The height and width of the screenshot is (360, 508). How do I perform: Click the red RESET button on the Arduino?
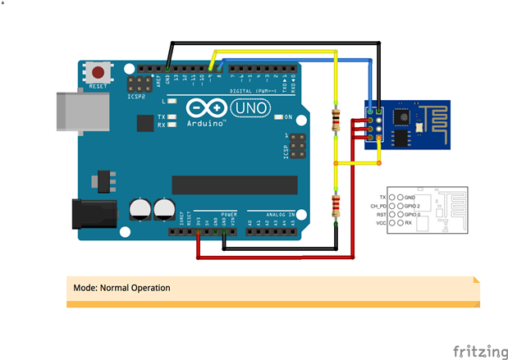pyautogui.click(x=99, y=72)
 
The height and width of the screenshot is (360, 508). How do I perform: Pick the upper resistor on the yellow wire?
pyautogui.click(x=336, y=120)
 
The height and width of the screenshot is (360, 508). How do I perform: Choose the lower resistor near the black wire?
pyautogui.click(x=336, y=205)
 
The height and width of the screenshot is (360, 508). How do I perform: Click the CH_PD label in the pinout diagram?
pyautogui.click(x=378, y=206)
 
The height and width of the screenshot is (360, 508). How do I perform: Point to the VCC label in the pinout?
pyautogui.click(x=381, y=222)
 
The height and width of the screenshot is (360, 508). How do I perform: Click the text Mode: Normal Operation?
pyautogui.click(x=121, y=288)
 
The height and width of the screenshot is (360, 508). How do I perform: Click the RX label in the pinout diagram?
pyautogui.click(x=408, y=222)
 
